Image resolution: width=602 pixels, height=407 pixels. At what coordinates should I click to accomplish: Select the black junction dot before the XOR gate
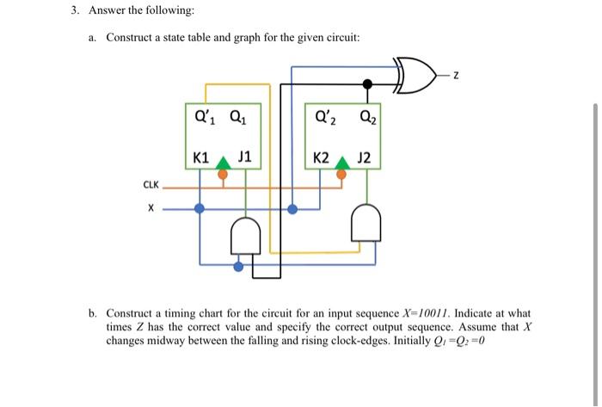[x=367, y=84]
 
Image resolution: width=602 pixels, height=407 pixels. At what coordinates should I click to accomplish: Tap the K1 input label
[x=200, y=157]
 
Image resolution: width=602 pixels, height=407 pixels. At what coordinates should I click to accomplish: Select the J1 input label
[x=244, y=157]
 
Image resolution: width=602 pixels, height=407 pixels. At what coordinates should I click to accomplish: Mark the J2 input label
[x=364, y=157]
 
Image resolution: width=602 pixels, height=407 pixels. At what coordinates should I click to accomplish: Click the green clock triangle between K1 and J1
[x=223, y=162]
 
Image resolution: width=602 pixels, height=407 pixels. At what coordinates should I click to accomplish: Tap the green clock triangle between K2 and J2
[x=342, y=162]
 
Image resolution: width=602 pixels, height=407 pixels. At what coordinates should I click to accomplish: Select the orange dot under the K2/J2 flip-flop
[x=342, y=175]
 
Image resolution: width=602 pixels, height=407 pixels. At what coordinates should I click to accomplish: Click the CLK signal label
[x=150, y=184]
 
